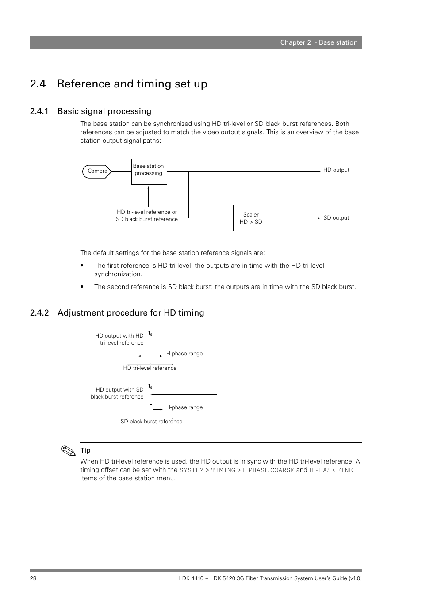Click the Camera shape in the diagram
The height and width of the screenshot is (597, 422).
(97, 171)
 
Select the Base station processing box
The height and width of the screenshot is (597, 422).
(149, 171)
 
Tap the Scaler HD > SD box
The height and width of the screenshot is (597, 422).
(251, 218)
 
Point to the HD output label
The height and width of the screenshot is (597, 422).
(336, 170)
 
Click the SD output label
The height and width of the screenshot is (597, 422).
(336, 218)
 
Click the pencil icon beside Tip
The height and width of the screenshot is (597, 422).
(68, 451)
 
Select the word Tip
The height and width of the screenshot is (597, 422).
(85, 450)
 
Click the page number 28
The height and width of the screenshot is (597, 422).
(33, 578)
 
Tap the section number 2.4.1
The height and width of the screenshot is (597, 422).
(39, 111)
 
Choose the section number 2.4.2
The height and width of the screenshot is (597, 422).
(39, 313)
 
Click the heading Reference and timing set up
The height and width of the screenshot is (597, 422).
(132, 84)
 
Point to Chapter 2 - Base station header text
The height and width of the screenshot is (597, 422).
(318, 42)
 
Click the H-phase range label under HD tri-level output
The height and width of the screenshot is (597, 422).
(184, 354)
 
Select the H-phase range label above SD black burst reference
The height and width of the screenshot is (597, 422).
(184, 407)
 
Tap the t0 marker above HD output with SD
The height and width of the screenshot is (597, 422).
(150, 387)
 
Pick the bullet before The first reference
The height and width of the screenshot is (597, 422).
(82, 266)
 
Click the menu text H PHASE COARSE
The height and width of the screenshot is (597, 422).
(268, 470)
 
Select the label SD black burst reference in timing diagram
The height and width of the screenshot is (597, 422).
(151, 422)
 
